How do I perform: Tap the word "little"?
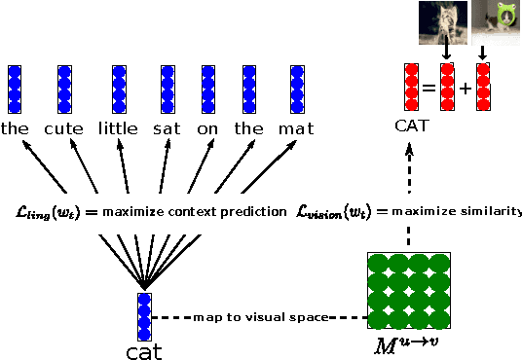pos(119,127)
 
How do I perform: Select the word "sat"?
pos(167,127)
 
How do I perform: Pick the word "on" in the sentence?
pos(207,127)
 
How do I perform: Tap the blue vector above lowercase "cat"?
pos(144,316)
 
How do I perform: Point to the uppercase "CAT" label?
pos(412,126)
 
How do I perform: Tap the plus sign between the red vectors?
pos(466,88)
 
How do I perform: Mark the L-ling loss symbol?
pos(42,211)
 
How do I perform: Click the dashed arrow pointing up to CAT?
pos(410,165)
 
